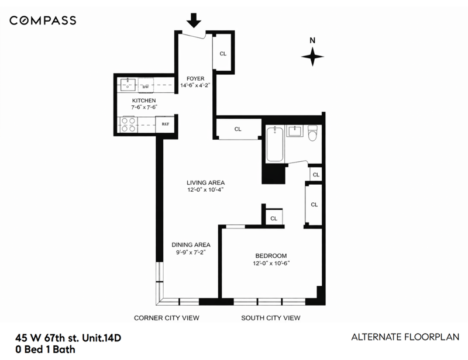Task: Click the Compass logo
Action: click(43, 20)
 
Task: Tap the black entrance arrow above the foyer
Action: click(194, 20)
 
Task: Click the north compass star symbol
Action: click(312, 56)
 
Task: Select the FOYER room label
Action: click(195, 78)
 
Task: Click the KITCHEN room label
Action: click(144, 101)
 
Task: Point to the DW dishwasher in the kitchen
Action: click(146, 85)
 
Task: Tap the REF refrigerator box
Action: click(165, 124)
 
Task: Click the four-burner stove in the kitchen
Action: click(128, 124)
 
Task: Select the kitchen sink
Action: click(128, 85)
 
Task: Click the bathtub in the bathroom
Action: click(274, 144)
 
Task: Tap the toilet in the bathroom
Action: click(312, 133)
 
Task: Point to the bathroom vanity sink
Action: click(295, 131)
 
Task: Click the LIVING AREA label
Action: click(206, 182)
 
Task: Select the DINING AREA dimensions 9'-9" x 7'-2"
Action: click(191, 252)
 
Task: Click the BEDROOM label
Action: click(271, 255)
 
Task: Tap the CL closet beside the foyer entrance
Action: click(223, 54)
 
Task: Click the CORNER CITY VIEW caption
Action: click(167, 318)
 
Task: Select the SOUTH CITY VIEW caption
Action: click(271, 318)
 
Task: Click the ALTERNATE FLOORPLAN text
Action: click(405, 337)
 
